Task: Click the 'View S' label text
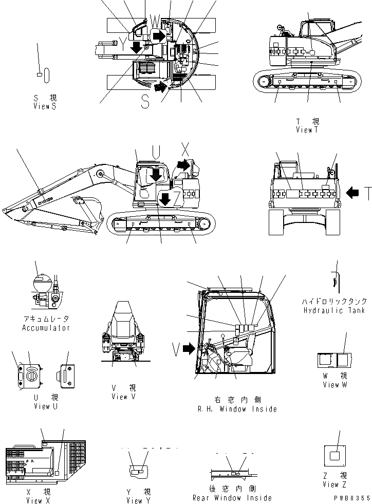(44, 106)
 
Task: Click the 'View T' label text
(307, 130)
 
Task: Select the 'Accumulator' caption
(46, 327)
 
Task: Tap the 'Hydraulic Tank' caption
(334, 310)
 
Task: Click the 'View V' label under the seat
(123, 397)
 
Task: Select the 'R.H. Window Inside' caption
(237, 409)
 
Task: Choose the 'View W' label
(331, 385)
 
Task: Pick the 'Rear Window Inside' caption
(232, 497)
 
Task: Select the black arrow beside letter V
(189, 350)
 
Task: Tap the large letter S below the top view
(145, 102)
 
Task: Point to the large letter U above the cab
(156, 151)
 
